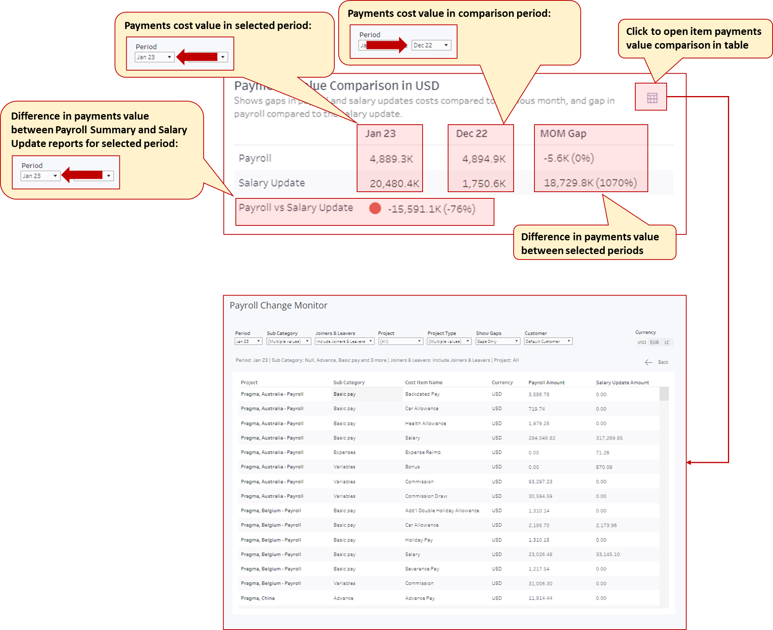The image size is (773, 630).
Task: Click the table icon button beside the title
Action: [x=652, y=98]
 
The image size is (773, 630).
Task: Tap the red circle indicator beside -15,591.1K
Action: [x=375, y=208]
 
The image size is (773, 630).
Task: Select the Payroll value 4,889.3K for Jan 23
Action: [x=391, y=159]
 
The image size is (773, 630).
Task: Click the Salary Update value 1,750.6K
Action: [x=484, y=183]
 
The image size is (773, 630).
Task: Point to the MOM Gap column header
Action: [x=563, y=134]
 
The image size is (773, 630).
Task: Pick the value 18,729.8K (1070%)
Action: [x=590, y=183]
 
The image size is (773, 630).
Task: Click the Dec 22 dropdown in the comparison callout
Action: [x=431, y=45]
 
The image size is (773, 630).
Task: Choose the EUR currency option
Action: [x=654, y=342]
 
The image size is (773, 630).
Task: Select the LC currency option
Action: [x=667, y=342]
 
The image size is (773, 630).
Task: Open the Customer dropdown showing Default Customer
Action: [x=548, y=341]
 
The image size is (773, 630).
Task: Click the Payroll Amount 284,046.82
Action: [x=542, y=438]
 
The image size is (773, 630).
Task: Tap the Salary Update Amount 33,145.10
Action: [x=608, y=554]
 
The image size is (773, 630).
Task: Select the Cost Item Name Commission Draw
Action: [x=426, y=496]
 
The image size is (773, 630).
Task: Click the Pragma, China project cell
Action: [x=258, y=598]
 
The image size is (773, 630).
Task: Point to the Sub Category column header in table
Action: [x=349, y=382]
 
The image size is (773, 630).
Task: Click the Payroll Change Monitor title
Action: [x=278, y=305]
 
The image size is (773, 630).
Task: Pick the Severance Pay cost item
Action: [x=422, y=569]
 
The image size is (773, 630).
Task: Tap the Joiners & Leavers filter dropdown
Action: [x=344, y=341]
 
